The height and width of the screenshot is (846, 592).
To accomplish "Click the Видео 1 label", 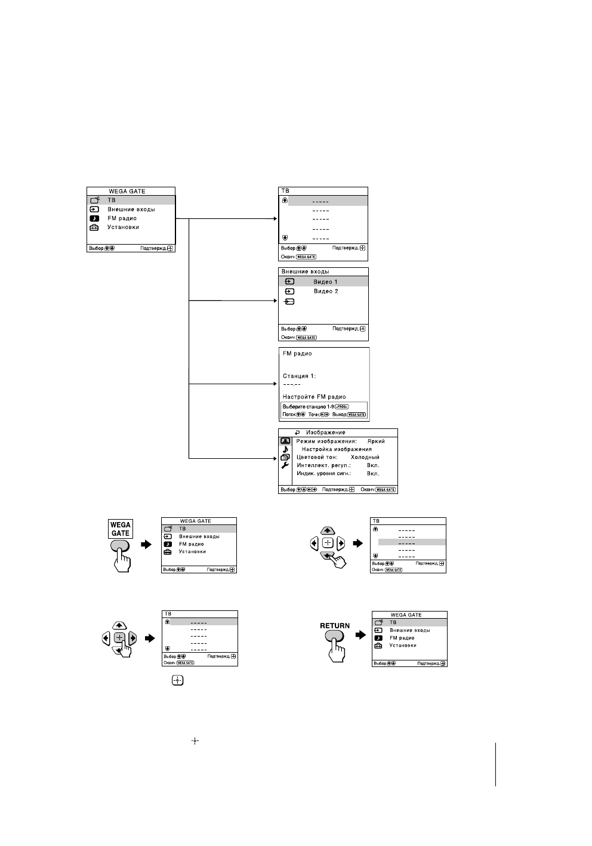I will click(325, 282).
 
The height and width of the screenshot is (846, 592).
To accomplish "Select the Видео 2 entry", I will click(326, 291).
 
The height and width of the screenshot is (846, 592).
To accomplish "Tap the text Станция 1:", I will click(299, 376).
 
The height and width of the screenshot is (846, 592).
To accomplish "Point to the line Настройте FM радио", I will click(314, 397).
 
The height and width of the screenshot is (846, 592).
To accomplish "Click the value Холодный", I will click(365, 457).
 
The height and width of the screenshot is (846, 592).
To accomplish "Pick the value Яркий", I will click(376, 441).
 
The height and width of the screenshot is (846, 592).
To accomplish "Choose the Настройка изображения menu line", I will click(337, 449).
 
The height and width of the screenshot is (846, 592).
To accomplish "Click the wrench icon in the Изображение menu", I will click(285, 465).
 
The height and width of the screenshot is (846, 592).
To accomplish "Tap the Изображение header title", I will click(326, 433).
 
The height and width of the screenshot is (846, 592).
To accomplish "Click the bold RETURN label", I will click(335, 626).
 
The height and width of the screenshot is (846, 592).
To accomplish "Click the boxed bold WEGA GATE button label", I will click(120, 529).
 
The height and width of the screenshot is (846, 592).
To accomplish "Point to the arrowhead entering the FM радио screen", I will click(276, 384).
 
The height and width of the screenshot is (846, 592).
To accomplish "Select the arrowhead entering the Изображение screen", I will click(276, 458).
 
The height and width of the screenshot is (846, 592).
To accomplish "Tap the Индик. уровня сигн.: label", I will click(324, 474).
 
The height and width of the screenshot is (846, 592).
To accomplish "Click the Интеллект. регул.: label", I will click(323, 465).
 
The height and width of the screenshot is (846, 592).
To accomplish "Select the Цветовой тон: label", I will click(317, 457).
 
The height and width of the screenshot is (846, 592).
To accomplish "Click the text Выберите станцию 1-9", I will click(308, 406).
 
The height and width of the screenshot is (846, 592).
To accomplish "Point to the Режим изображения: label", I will click(326, 441).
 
